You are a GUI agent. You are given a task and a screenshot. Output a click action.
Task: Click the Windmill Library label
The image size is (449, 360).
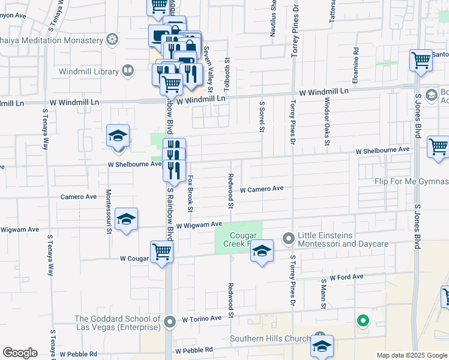tap(88, 72)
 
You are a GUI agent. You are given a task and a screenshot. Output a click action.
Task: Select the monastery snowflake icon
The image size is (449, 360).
tap(112, 40)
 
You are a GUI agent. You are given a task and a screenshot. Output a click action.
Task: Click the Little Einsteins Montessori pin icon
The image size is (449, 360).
tap(288, 239)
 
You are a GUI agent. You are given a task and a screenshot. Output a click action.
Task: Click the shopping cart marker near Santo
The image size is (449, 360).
tap(421, 60)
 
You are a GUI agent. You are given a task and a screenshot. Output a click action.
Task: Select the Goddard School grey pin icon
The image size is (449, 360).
tap(170, 323)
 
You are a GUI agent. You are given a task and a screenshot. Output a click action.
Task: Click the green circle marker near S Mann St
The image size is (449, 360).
tap(363, 320)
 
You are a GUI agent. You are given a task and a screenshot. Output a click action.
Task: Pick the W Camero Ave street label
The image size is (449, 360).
tap(261, 188)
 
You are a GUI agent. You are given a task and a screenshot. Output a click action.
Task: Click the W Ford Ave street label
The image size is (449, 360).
tap(342, 277)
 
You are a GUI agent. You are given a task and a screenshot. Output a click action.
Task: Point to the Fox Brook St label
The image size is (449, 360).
tap(190, 193)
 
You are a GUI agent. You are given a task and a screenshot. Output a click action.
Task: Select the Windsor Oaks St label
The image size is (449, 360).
tap(327, 128)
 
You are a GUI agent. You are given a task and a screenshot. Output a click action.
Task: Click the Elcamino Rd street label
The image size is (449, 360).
tap(356, 64)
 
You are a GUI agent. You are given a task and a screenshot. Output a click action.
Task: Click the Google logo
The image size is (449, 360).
tap(20, 353)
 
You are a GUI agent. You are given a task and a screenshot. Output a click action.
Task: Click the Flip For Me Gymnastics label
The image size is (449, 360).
tap(411, 182)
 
